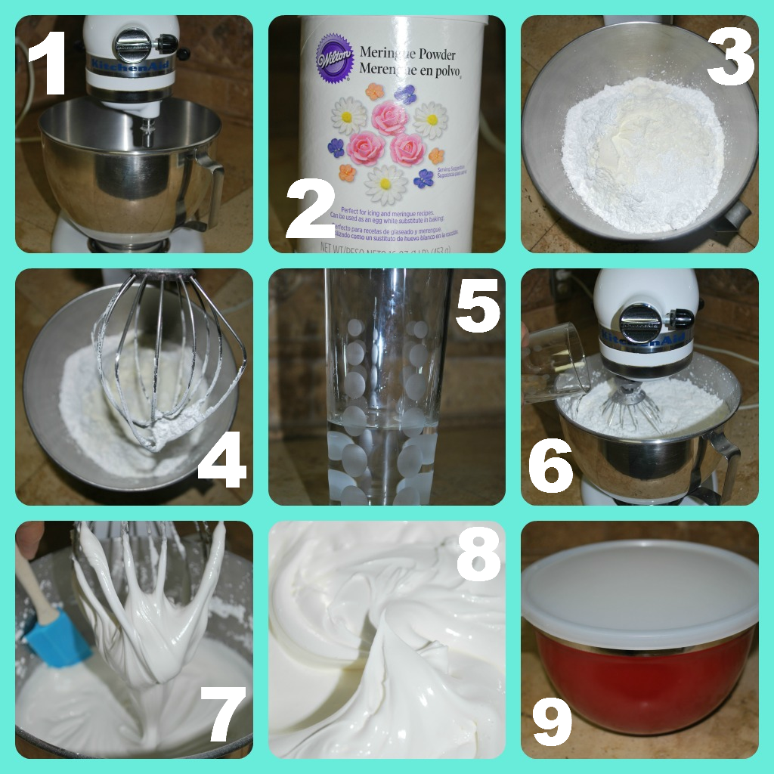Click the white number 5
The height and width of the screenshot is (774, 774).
(475, 305)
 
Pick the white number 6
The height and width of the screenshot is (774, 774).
(550, 463)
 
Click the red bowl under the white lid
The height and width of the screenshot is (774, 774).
(642, 680)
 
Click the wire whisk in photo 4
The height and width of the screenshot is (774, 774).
(170, 363)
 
